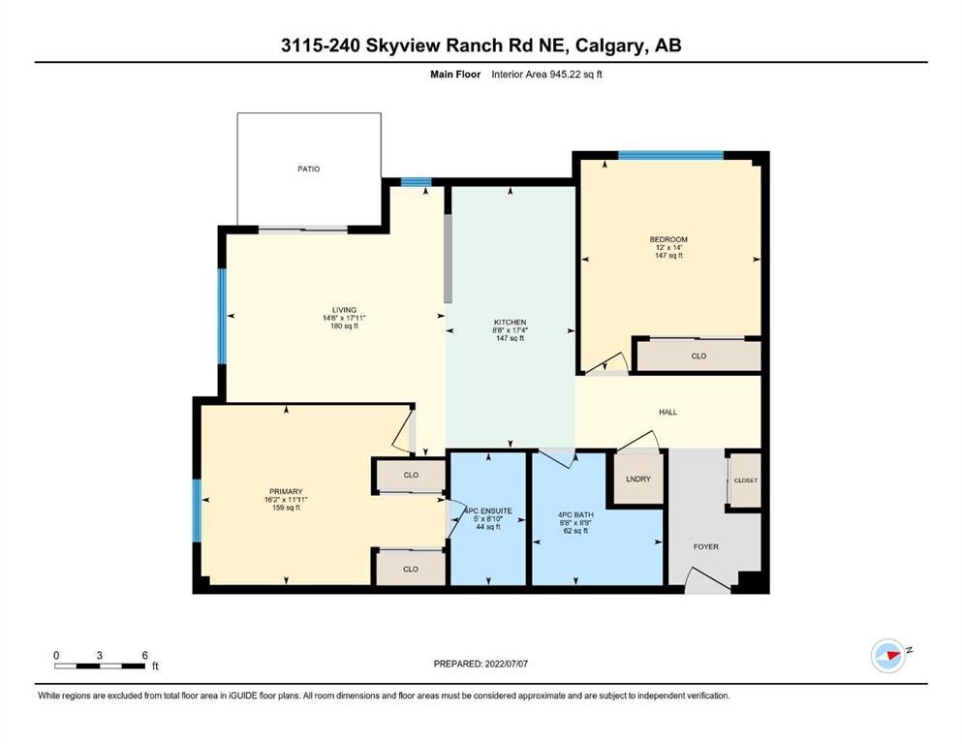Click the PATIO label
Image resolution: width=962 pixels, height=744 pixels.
[309, 169]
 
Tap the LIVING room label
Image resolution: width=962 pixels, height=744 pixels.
[344, 310]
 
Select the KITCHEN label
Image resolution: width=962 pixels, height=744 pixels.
[510, 322]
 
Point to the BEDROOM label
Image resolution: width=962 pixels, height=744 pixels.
[668, 239]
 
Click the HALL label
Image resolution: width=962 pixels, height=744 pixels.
[667, 412]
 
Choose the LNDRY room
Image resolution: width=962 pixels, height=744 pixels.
[638, 479]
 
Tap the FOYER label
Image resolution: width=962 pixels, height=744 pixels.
[705, 546]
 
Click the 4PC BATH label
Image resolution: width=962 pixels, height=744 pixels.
[575, 514]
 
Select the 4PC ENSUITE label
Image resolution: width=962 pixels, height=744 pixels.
[489, 511]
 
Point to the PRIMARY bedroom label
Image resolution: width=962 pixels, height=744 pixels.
[286, 491]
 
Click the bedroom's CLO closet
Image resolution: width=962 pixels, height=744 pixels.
[698, 356]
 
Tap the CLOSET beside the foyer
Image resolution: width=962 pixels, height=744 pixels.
[745, 480]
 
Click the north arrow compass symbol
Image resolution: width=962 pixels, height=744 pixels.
[888, 656]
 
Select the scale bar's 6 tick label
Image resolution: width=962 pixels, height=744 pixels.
[144, 655]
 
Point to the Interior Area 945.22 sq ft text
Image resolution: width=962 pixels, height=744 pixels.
[546, 75]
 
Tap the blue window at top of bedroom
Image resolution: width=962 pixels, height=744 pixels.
[670, 155]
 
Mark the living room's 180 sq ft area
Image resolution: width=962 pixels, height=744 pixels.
[344, 326]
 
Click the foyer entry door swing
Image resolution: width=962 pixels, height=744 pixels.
[705, 579]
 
